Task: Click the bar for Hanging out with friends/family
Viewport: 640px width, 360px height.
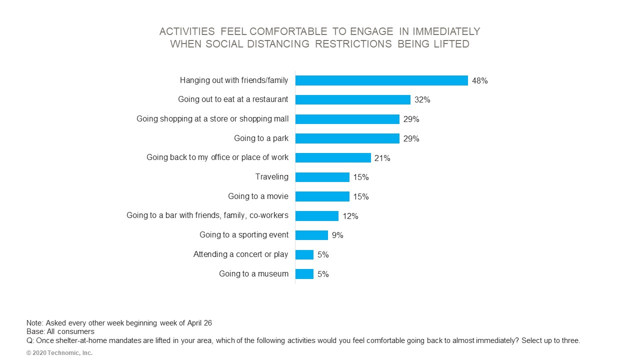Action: point(381,80)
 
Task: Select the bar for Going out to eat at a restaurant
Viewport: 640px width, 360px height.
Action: point(352,99)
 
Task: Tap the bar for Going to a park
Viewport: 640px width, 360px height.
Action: point(347,138)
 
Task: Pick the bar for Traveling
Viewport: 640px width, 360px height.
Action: point(322,177)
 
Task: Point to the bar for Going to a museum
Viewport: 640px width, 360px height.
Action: point(304,274)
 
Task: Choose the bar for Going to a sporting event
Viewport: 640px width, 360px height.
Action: point(311,235)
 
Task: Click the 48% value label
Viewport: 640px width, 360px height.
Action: point(479,80)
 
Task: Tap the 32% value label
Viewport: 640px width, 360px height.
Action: point(422,99)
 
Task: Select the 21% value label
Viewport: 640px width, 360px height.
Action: point(382,158)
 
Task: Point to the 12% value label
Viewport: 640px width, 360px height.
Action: point(350,216)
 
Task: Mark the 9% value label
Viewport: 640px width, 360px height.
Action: point(337,235)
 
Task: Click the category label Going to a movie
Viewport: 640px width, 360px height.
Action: point(258,196)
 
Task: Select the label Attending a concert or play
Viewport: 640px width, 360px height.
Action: point(240,254)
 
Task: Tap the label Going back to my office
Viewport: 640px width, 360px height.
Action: point(217,157)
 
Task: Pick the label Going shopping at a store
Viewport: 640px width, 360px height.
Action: point(212,119)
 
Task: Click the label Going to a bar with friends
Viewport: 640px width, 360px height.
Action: point(207,215)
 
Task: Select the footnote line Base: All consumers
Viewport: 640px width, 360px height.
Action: point(60,331)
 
